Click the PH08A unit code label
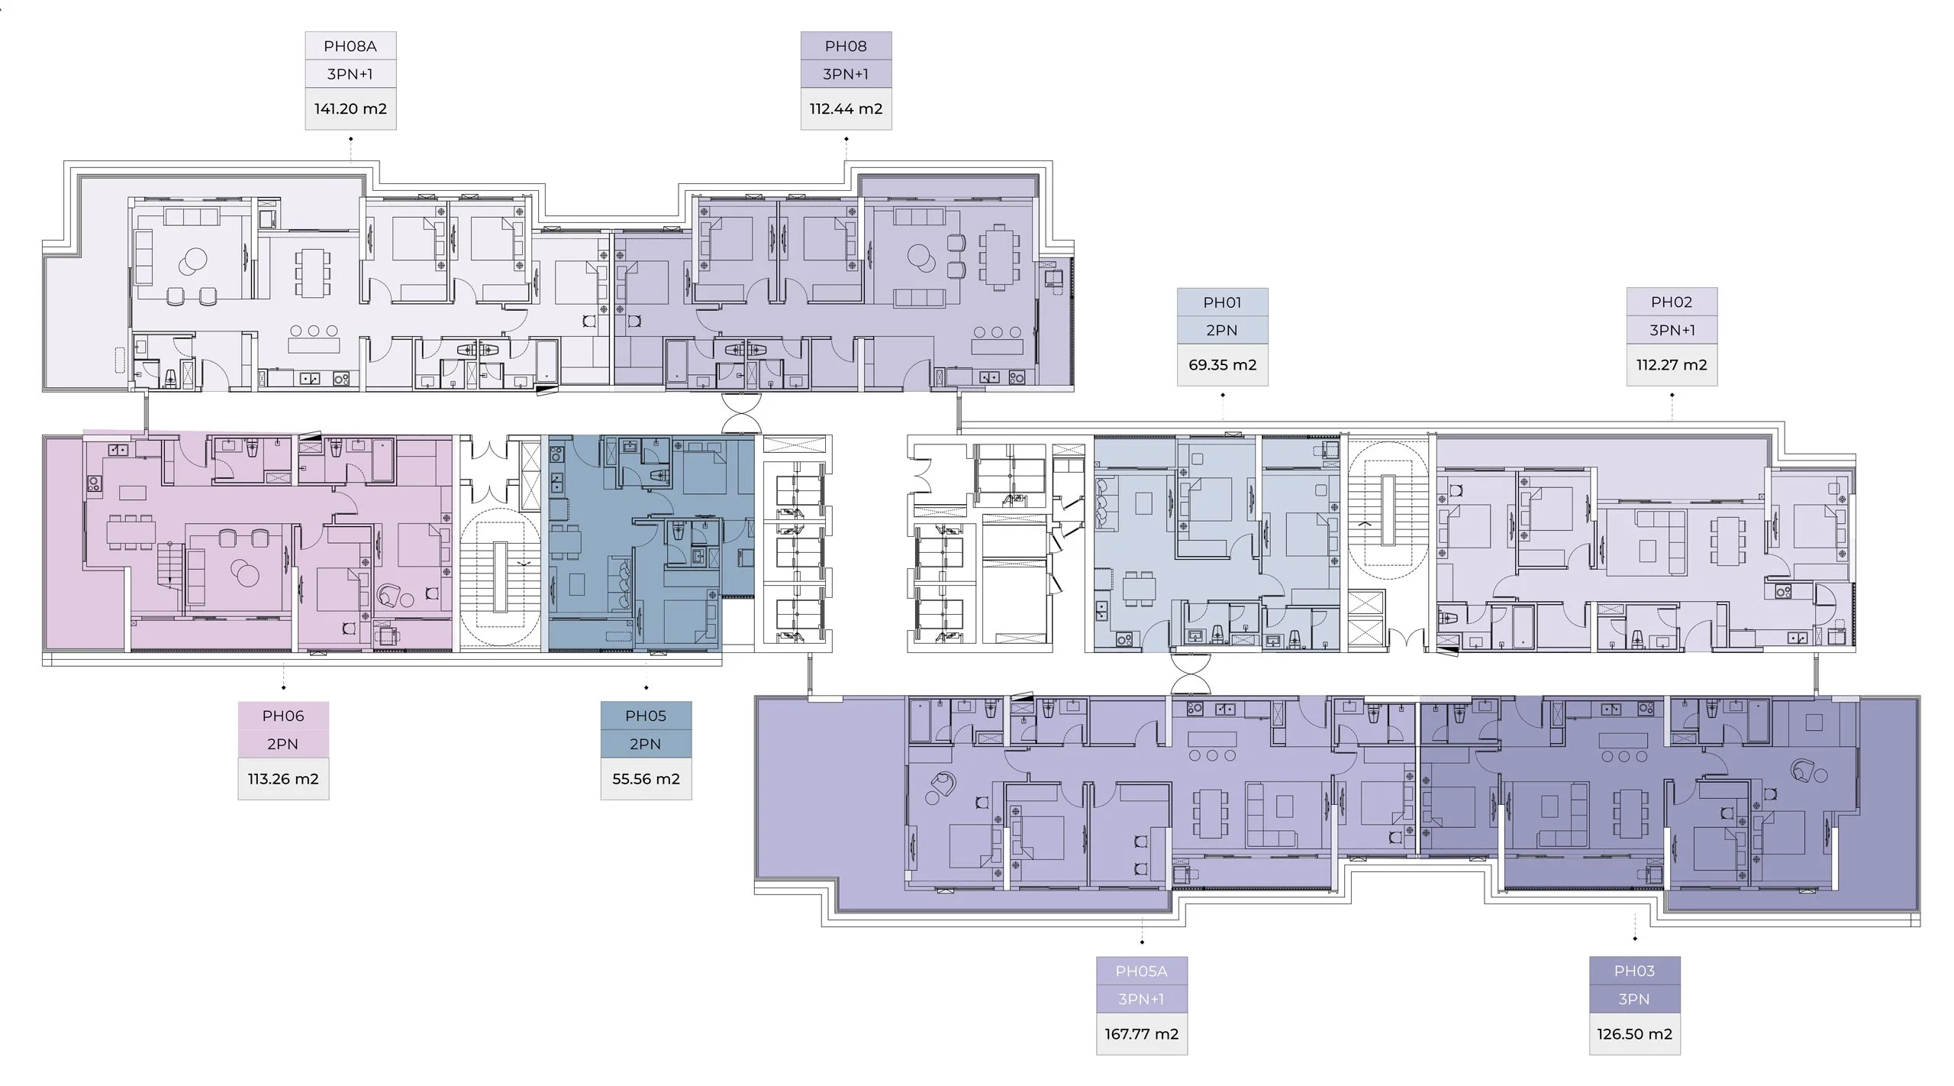[350, 47]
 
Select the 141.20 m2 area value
[350, 108]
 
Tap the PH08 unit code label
[846, 47]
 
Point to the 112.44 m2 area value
[846, 108]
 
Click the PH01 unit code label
[1222, 302]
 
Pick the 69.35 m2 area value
[1222, 365]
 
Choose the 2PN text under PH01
[1222, 331]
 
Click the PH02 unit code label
[1672, 302]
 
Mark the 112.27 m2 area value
[1672, 365]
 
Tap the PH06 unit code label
[283, 716]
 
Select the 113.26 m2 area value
[283, 779]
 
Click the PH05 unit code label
[646, 716]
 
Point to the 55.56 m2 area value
[646, 779]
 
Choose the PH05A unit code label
[1141, 971]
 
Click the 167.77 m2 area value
[1141, 1034]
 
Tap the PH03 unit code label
[1634, 971]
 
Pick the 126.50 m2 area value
[1634, 1034]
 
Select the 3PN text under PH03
[1634, 1000]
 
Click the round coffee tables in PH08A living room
[192, 262]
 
